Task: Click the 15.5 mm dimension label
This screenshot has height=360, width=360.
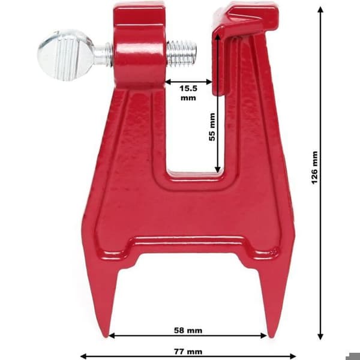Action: [188, 93]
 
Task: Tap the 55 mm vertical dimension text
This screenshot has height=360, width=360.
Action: [212, 127]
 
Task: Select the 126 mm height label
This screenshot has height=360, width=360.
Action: [314, 167]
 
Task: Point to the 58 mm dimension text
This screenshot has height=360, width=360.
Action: [188, 331]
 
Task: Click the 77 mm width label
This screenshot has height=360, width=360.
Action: [188, 352]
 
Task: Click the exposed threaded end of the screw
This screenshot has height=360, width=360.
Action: [181, 53]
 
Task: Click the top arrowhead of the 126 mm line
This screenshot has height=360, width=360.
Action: [320, 9]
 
